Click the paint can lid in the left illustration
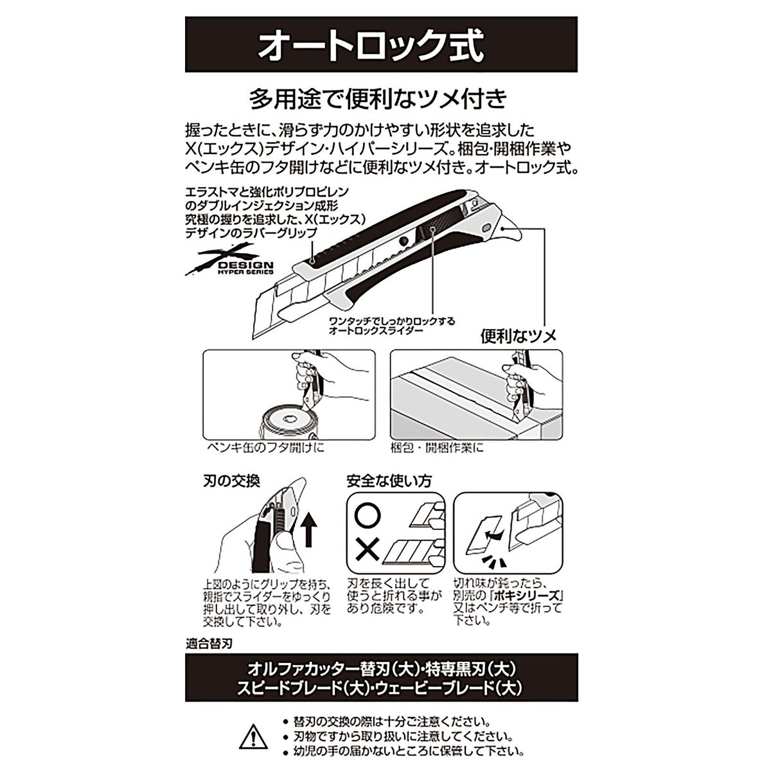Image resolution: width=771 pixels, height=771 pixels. point(288,420)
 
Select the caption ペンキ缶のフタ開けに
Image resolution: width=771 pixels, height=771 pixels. point(265,447)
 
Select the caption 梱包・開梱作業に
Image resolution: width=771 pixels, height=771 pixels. point(437,447)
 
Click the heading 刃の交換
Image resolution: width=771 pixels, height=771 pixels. point(232,481)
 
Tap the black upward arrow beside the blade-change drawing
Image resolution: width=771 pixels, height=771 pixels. point(308,530)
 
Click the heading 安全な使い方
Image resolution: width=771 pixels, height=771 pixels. point(389,481)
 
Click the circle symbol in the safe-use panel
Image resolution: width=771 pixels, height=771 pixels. point(368,517)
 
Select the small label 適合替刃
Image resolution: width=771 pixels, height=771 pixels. point(209,645)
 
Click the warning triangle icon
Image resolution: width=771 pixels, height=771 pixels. point(253,736)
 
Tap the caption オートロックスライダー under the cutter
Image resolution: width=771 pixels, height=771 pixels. point(376,330)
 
